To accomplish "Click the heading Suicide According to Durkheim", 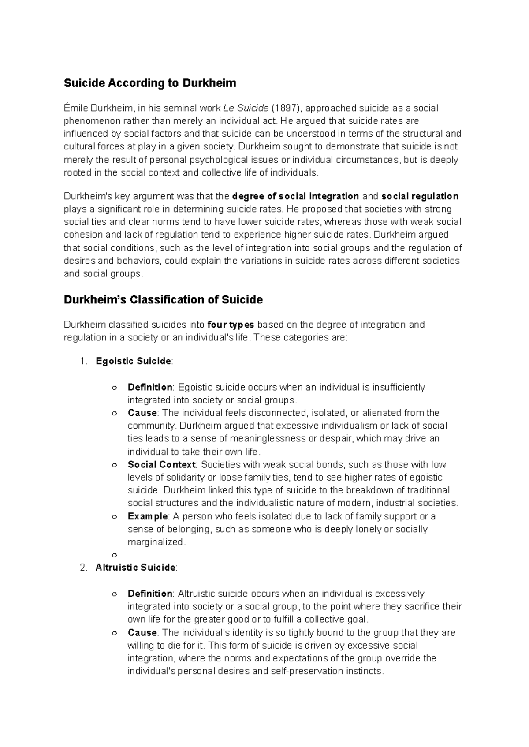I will point(150,83).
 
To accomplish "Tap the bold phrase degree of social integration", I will point(295,196).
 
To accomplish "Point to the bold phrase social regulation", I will point(420,196).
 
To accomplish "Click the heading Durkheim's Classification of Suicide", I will point(163,300).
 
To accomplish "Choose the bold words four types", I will point(231,325).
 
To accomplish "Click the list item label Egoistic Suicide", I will point(133,361).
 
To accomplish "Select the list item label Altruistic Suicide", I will point(135,568).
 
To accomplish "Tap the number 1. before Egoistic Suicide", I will point(84,361).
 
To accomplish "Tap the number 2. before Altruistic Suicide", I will point(84,568).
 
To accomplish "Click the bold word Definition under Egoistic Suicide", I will point(150,387).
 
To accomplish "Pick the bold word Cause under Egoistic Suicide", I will point(142,413).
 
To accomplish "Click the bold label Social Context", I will point(161,465).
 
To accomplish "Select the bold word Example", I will point(147,516).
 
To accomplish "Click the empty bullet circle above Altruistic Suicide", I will point(115,555).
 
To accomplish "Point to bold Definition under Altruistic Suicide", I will point(150,594).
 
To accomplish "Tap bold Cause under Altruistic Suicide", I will point(142,633).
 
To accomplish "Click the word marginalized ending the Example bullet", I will point(155,542).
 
